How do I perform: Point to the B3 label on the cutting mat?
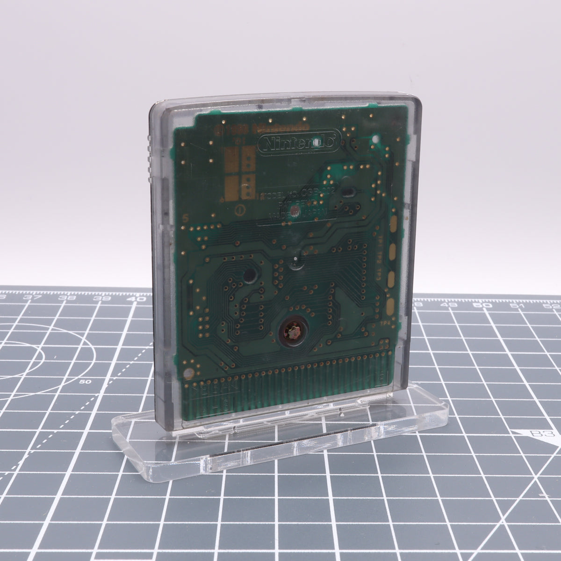(540, 434)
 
